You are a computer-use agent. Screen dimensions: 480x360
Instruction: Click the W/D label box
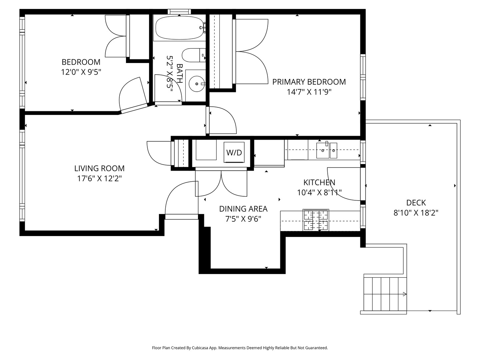coord(234,152)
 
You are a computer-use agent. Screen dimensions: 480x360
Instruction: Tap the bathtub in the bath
coord(179,28)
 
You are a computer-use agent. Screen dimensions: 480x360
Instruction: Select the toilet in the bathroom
coord(194,55)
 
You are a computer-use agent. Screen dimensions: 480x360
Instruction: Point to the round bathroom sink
coord(197,84)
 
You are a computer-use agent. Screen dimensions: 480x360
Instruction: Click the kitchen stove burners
coord(316,220)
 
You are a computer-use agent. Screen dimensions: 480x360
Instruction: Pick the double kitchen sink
coord(326,150)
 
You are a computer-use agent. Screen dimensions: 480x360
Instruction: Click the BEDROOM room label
coord(81,62)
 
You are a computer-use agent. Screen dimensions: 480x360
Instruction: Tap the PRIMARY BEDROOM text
coord(309,82)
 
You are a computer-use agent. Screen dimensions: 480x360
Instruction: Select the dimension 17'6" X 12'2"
coord(99,179)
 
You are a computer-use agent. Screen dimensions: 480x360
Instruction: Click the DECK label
coord(416,203)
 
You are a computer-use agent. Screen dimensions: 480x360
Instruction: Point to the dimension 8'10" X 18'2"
coord(416,213)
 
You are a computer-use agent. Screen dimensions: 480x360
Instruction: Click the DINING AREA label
coord(243,209)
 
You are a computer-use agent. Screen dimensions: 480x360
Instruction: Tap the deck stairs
coord(385,294)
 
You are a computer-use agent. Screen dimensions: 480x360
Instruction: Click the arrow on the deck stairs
coord(405,294)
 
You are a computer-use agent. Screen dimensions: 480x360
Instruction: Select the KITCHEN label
coord(319,182)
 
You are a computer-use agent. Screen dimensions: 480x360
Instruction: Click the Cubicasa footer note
coord(240,348)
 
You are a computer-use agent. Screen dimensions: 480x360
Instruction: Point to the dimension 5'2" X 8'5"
coord(170,73)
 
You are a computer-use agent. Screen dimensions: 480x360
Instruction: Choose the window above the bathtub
coord(179,12)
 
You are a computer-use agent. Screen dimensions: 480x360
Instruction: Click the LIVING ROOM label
coord(99,168)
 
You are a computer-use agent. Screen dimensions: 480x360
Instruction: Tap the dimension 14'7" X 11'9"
coord(309,92)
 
